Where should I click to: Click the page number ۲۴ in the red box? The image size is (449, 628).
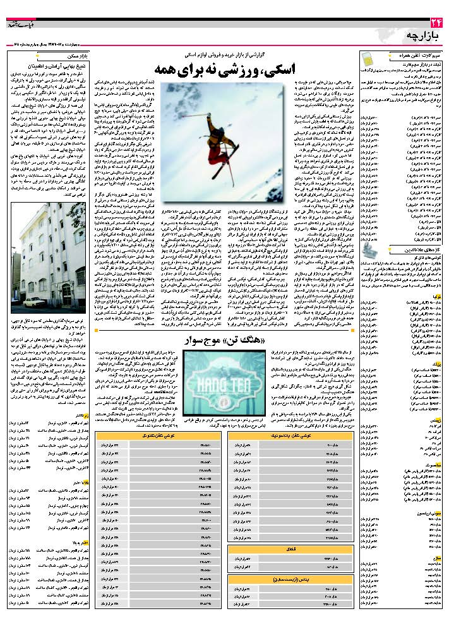click(x=433, y=24)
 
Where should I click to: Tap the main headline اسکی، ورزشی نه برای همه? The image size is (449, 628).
click(x=223, y=69)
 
